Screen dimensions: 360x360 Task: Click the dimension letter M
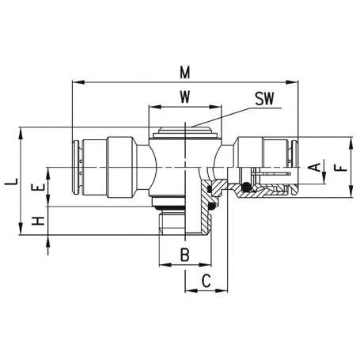click(185, 72)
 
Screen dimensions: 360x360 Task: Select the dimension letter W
click(185, 97)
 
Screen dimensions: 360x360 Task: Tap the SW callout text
click(264, 99)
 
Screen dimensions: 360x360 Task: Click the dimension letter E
click(38, 188)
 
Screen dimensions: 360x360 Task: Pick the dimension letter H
click(38, 221)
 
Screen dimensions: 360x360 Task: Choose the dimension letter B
click(185, 255)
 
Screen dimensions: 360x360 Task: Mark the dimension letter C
click(207, 281)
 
